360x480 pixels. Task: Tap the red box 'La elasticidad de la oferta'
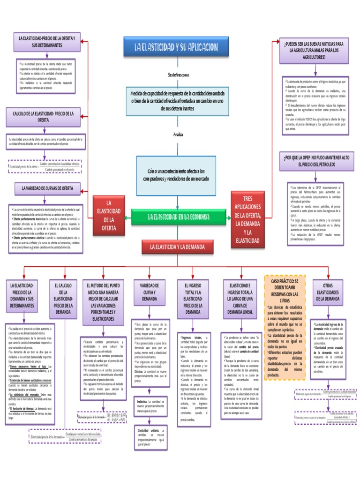pyautogui.click(x=108, y=215)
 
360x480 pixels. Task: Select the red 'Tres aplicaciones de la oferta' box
pyautogui.click(x=248, y=219)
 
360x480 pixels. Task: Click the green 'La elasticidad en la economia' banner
pyautogui.click(x=177, y=217)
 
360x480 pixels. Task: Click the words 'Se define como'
pyautogui.click(x=178, y=75)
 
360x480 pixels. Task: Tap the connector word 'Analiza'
pyautogui.click(x=178, y=135)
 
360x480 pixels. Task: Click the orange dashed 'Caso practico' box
pyautogui.click(x=285, y=328)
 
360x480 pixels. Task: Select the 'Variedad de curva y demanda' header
pyautogui.click(x=149, y=292)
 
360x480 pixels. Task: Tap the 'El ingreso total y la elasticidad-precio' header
pyautogui.click(x=193, y=299)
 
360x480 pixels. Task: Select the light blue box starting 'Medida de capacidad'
pyautogui.click(x=178, y=101)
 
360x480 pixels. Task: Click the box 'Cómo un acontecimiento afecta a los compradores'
pyautogui.click(x=178, y=175)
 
